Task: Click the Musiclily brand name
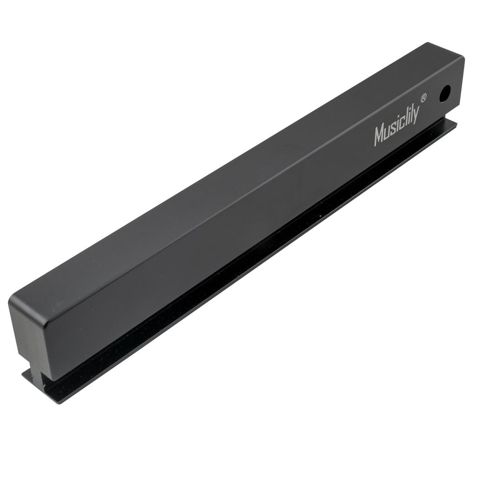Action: tap(396, 127)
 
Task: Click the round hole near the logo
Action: tap(445, 94)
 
